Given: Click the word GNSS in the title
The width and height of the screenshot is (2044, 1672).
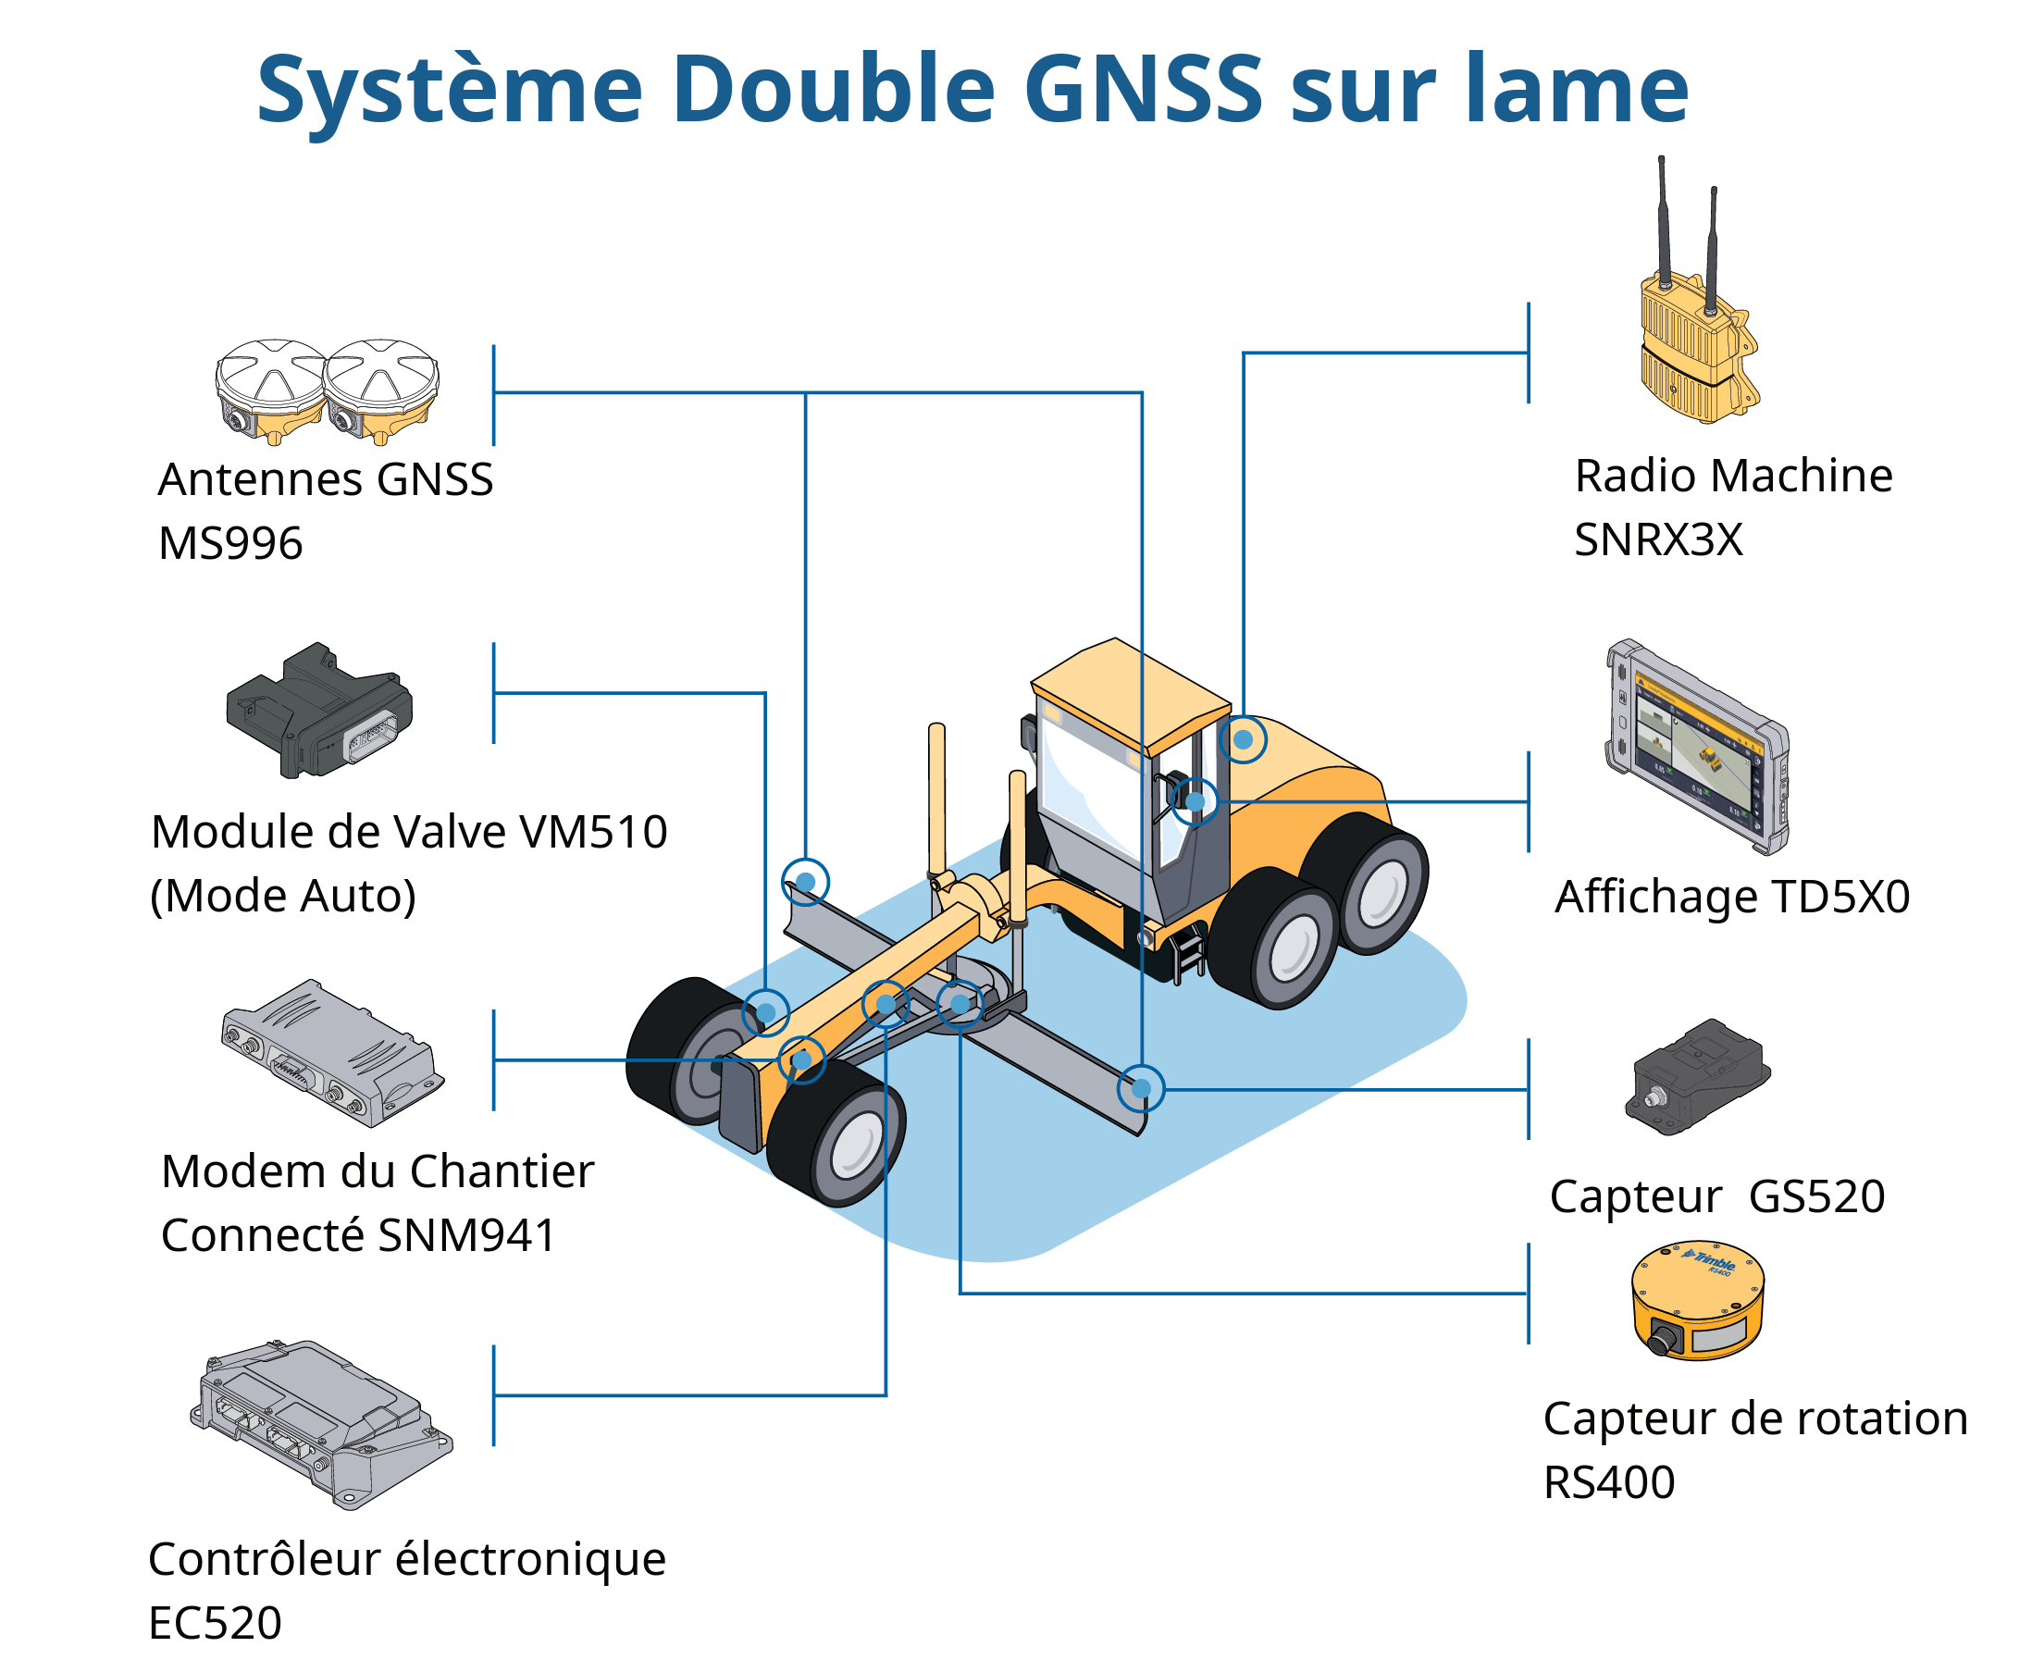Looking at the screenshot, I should click(1143, 89).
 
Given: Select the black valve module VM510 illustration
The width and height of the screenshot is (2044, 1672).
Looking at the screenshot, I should click(319, 710).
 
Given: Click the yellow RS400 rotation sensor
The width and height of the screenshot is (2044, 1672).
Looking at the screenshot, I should click(1697, 1301).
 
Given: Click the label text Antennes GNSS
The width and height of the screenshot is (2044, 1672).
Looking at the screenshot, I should click(326, 478).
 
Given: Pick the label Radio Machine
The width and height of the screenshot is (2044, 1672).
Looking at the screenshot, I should click(1733, 476).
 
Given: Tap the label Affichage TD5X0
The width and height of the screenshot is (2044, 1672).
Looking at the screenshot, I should click(1732, 897).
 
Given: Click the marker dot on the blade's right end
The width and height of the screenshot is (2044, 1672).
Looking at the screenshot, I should click(1142, 1088).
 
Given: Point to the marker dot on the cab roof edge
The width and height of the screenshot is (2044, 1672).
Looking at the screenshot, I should click(1244, 739).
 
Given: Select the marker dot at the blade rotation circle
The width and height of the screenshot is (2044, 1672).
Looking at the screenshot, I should click(960, 1005).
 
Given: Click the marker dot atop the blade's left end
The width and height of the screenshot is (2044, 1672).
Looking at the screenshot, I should click(805, 881).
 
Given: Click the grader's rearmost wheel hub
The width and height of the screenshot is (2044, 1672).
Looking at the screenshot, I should click(1380, 891).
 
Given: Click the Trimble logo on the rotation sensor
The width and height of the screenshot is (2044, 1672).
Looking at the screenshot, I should click(1707, 1259).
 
